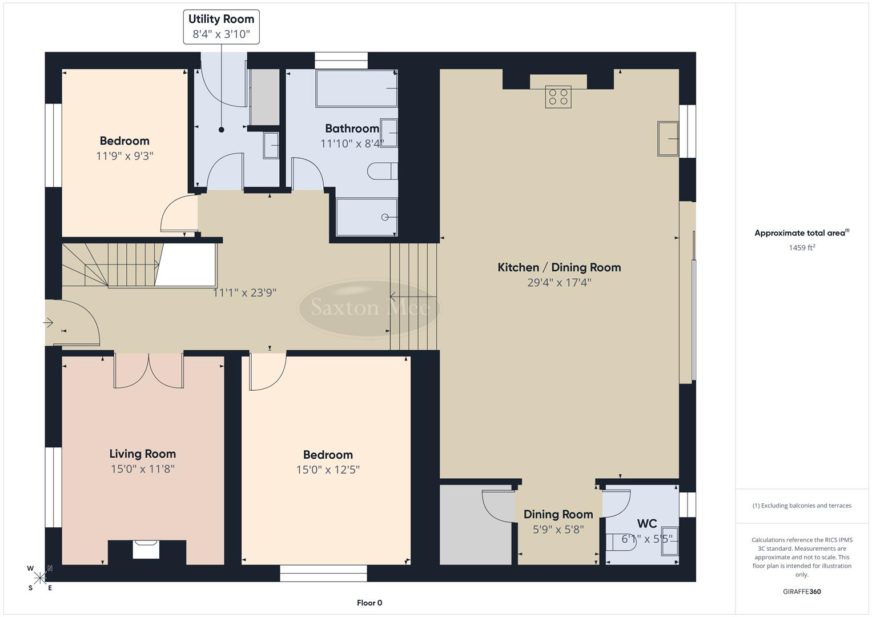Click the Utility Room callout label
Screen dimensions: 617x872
(221, 26)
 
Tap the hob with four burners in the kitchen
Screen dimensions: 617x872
(558, 97)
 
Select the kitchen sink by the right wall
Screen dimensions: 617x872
(668, 138)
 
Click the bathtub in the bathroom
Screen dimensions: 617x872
(356, 89)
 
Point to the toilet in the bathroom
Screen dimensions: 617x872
(383, 171)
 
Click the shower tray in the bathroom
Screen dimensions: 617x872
(366, 217)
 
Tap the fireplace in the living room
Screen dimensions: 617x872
(146, 550)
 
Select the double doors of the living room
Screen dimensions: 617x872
(148, 371)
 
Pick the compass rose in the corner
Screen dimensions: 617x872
(40, 578)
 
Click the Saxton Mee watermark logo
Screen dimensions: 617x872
(369, 308)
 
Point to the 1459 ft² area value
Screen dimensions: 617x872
(801, 247)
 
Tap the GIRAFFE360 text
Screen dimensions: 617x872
(801, 591)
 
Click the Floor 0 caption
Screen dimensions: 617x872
(369, 603)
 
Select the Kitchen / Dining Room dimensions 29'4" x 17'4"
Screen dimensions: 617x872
(558, 282)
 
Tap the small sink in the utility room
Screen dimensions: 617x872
(271, 145)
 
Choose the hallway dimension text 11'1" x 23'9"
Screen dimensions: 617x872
(244, 293)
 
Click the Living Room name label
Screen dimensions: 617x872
(142, 454)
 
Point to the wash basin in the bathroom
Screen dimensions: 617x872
(389, 133)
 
